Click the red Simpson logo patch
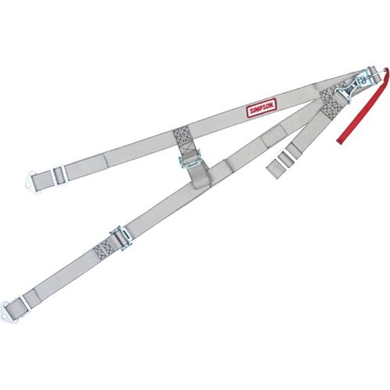point(261,108)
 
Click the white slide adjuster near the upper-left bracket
point(60,175)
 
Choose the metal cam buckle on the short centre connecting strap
point(190,159)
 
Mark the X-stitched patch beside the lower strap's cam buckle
point(104,250)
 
